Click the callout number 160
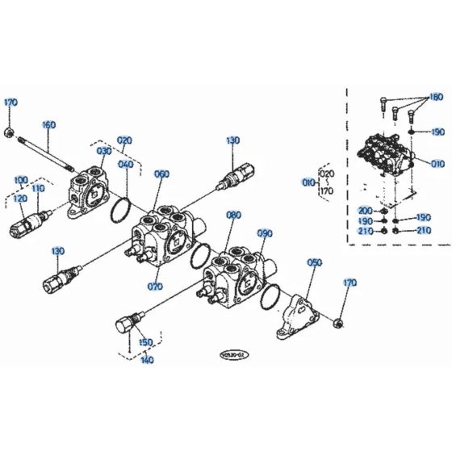(48, 125)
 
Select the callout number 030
(105, 151)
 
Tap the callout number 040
(127, 165)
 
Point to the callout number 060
(161, 174)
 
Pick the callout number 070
(155, 286)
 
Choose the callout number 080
(233, 216)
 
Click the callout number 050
(315, 263)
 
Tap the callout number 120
(20, 199)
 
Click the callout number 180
(436, 98)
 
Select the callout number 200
(365, 211)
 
